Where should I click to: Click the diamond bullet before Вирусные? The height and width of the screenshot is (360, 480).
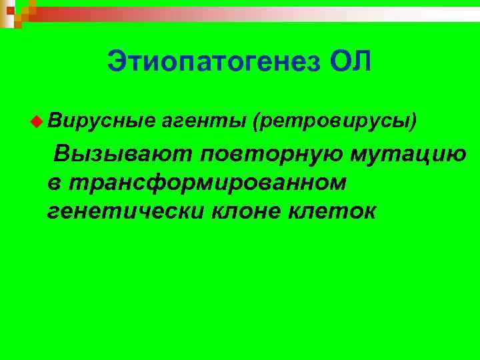tap(35, 120)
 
